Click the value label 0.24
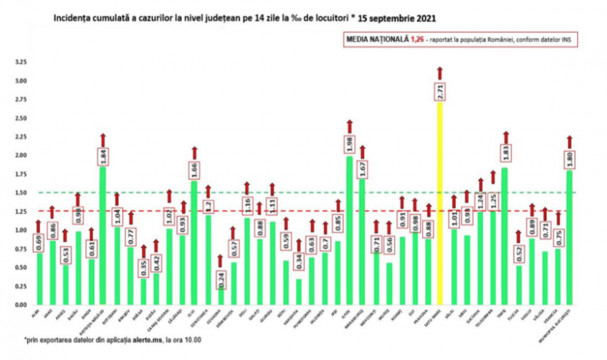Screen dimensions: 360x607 [220, 279]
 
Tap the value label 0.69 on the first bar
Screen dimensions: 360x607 [38, 242]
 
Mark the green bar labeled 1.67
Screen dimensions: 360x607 [362, 241]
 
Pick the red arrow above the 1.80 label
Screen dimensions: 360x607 [569, 142]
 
